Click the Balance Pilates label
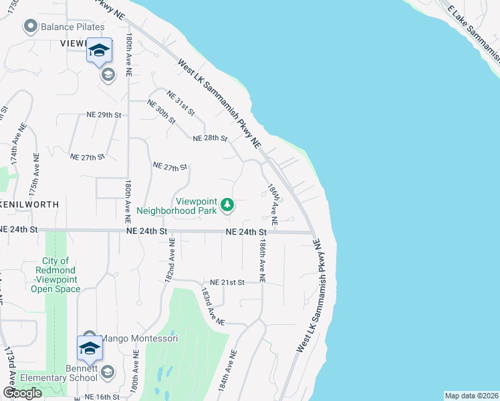point(73,27)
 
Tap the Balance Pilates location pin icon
point(29,27)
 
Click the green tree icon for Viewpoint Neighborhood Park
point(227,205)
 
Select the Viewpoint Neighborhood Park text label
point(177,205)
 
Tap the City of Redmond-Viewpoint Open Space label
point(55,275)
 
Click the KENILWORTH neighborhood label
point(29,205)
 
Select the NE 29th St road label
point(103,115)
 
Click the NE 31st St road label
point(181,102)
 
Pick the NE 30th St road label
point(161,112)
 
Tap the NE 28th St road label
point(210,138)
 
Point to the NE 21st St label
point(227,282)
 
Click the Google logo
point(22,393)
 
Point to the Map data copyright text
point(471,396)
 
